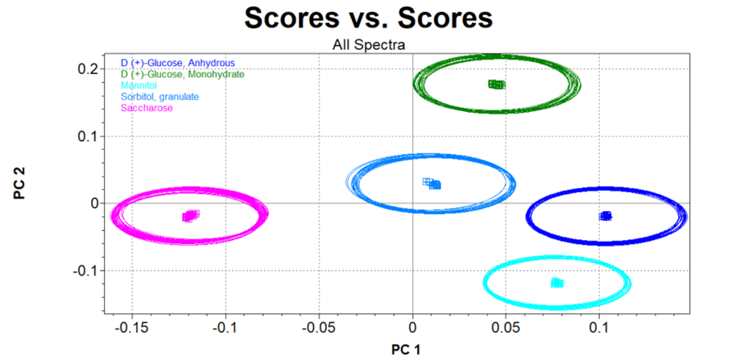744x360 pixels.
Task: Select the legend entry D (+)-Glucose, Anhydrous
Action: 182,63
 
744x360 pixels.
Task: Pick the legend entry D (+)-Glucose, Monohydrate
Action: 188,74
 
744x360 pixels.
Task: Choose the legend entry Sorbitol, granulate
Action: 159,97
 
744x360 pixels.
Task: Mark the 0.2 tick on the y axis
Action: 88,68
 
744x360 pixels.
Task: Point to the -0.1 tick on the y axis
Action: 85,271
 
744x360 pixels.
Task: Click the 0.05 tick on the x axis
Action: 506,328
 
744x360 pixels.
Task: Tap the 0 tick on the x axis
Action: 412,328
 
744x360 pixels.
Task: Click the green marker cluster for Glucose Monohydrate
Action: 496,85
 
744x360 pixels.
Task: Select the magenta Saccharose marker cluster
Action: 190,216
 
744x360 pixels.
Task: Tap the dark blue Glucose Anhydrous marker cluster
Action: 606,216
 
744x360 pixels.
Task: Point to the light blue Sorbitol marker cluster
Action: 432,184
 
